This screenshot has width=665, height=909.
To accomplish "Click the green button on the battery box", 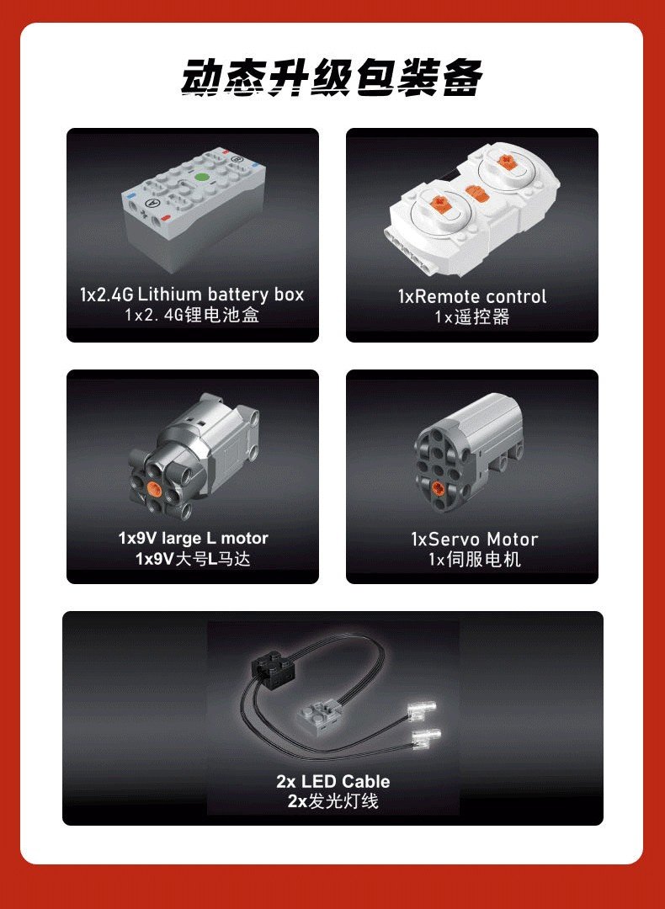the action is [x=201, y=178].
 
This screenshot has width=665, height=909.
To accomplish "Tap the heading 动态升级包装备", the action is [x=331, y=77].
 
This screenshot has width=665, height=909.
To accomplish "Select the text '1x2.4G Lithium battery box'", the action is [x=192, y=295].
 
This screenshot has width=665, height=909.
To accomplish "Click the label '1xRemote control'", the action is [x=472, y=297].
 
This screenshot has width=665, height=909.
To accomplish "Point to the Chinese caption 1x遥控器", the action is [x=472, y=317].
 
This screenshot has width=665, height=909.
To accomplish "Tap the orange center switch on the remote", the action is [x=476, y=193].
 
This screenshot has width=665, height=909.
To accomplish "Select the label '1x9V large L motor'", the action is [x=193, y=538].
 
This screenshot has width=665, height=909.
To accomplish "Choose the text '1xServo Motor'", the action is [x=474, y=540].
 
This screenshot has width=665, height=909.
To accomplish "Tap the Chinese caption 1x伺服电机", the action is [x=474, y=560].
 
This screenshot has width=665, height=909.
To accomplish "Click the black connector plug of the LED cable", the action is [x=272, y=666].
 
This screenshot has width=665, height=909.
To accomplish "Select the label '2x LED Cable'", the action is [x=332, y=781].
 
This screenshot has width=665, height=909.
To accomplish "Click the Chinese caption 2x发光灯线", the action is [x=332, y=801].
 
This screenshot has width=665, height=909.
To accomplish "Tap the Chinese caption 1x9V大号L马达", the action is [x=193, y=559].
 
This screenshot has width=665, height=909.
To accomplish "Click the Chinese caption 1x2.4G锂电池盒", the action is [x=192, y=316].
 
